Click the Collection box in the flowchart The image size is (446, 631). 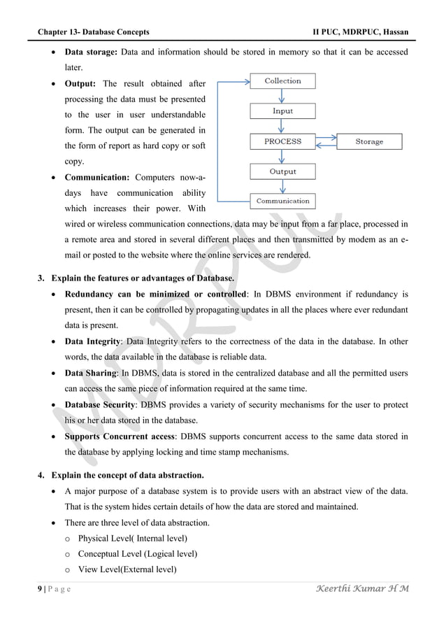pyautogui.click(x=282, y=81)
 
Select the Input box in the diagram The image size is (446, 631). pyautogui.click(x=282, y=111)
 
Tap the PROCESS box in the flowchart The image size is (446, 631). pyautogui.click(x=282, y=141)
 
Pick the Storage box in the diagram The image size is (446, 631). pyautogui.click(x=369, y=141)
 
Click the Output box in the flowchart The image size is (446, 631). pyautogui.click(x=282, y=171)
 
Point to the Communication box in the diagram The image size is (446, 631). pyautogui.click(x=282, y=201)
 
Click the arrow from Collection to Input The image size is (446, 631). pyautogui.click(x=282, y=97)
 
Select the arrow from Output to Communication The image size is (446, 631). pyautogui.click(x=282, y=187)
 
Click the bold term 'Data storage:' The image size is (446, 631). pyautogui.click(x=92, y=52)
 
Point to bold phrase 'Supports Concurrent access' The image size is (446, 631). pyautogui.click(x=120, y=437)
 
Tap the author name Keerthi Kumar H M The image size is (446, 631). pyautogui.click(x=363, y=588)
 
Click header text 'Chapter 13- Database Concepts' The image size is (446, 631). pyautogui.click(x=93, y=32)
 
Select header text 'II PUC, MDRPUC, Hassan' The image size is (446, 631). pyautogui.click(x=361, y=32)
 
